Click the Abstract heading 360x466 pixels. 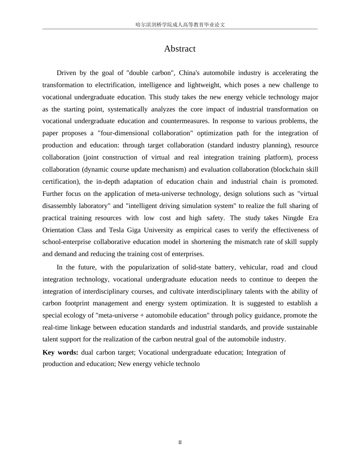point(180,49)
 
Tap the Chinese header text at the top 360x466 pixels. point(180,25)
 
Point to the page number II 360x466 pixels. point(180,442)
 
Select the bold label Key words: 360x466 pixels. point(60,352)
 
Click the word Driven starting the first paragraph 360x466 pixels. point(66,73)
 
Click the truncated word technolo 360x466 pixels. point(186,364)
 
